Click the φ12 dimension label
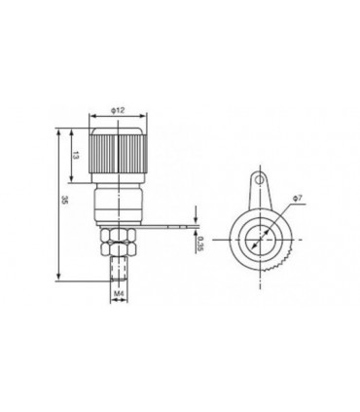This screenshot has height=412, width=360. (118, 111)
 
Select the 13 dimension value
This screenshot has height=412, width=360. (75, 156)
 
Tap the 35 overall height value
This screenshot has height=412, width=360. (64, 201)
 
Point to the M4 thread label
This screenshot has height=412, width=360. (119, 293)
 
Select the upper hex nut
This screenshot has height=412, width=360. (118, 235)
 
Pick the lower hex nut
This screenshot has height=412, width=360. (118, 248)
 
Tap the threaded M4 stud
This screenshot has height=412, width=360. (118, 268)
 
